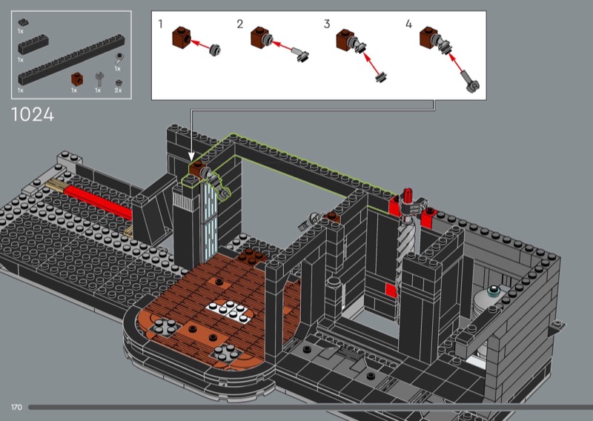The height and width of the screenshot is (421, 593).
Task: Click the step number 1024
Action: pos(33,115)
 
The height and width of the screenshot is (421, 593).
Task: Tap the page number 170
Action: pos(16,408)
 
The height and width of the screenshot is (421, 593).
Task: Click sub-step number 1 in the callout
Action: pos(160,24)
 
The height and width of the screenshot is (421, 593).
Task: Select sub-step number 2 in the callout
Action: pos(239,24)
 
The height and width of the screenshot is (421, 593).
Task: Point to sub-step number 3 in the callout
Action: pos(327,24)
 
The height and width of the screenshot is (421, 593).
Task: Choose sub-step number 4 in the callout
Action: pos(408,24)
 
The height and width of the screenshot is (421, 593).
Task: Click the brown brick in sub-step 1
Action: pos(182,37)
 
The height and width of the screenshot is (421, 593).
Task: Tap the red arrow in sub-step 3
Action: pos(371,63)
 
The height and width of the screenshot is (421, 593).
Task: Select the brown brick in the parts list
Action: pos(77,79)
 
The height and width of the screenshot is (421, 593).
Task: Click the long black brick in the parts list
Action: pos(71,59)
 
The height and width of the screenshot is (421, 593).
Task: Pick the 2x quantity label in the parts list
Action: pos(119,90)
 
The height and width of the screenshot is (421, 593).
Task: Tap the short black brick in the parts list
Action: pos(33,44)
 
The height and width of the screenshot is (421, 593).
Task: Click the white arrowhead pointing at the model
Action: pos(191,156)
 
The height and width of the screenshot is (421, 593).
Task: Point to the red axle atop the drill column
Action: pos(408,196)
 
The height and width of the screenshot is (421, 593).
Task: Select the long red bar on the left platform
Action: pos(98,203)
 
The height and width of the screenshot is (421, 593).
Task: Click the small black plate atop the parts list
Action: pos(23,22)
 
